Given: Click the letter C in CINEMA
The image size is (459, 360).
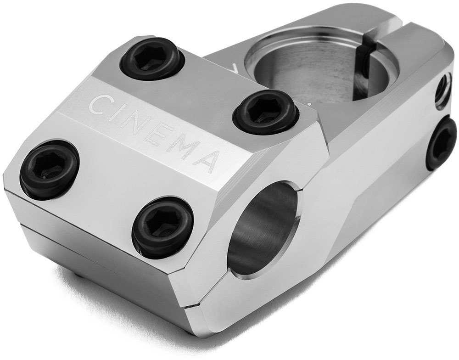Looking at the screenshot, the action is click(x=100, y=105).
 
